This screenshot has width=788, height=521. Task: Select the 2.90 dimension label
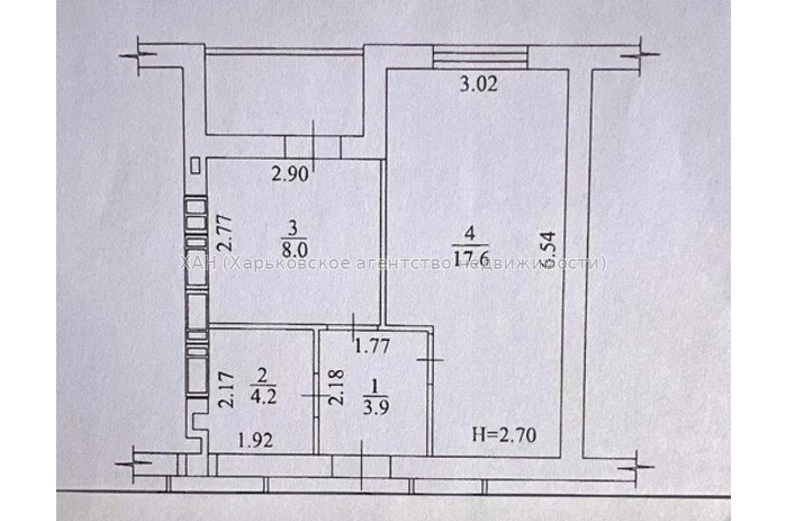pyautogui.click(x=290, y=175)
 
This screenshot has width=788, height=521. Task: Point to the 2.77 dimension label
pyautogui.click(x=224, y=235)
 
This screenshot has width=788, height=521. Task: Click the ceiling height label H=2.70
pyautogui.click(x=503, y=433)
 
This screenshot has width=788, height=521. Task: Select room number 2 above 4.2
pyautogui.click(x=261, y=374)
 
